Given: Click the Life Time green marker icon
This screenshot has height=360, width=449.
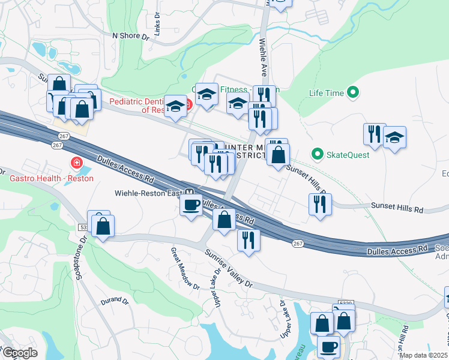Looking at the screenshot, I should pos(353,93).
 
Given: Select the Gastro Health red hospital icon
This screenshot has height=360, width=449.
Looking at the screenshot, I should pos(76,163).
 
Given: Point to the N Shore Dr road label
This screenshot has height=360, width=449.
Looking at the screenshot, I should pos(131,36).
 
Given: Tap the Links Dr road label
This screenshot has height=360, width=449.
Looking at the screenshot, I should pos(157,25).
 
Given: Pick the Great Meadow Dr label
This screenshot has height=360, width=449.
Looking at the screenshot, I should pos(185,269).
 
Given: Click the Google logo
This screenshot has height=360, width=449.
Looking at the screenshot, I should pos(19,353).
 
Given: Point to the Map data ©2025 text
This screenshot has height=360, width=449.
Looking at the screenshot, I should pos(423,355).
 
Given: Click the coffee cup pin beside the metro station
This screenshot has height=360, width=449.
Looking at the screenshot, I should pos(191,205).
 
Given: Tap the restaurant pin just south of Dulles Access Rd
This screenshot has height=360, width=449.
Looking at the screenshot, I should pos(248,240).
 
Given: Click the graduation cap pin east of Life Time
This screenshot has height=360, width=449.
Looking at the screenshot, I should pos(394,138).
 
